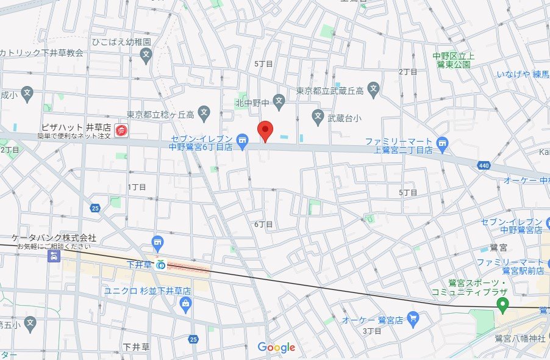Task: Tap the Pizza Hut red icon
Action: click(x=121, y=130)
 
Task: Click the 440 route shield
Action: click(x=484, y=165)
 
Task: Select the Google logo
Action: click(x=276, y=347)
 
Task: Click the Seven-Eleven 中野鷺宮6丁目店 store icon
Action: click(x=242, y=142)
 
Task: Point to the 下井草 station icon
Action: click(x=160, y=264)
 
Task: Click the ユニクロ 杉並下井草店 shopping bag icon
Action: click(x=185, y=303)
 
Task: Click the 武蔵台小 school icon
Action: click(x=318, y=115)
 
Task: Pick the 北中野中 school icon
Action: click(x=279, y=101)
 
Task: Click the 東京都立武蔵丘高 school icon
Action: click(x=374, y=90)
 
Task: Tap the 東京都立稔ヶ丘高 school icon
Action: click(x=205, y=113)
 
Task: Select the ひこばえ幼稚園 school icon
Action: click(x=146, y=57)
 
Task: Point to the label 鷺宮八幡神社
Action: click(x=520, y=339)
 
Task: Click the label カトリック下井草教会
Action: click(x=41, y=53)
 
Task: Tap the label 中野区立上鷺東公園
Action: click(x=452, y=60)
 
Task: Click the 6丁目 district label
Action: click(x=263, y=225)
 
